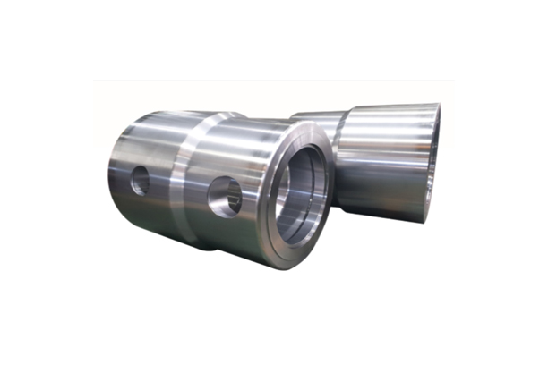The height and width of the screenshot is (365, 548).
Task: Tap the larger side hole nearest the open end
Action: (x=225, y=196)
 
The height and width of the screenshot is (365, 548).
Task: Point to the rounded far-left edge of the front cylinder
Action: (x=111, y=179)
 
